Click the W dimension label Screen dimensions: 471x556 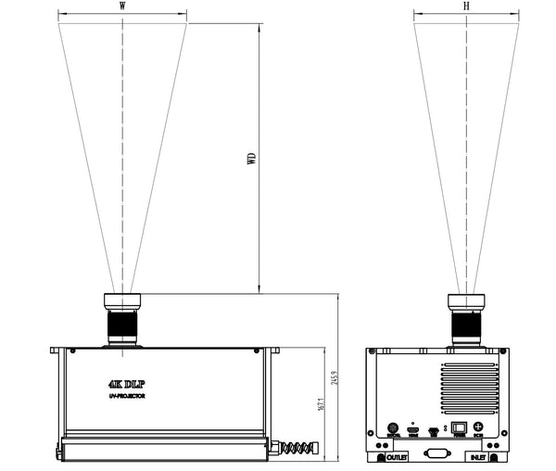(x=122, y=6)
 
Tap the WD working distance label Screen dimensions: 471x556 (x=250, y=157)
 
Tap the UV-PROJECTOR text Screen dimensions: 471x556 (x=127, y=397)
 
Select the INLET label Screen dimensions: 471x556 (x=476, y=457)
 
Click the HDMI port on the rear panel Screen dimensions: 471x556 (x=413, y=430)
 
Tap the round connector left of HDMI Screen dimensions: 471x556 (x=393, y=429)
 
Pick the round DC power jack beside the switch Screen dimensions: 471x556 (x=478, y=427)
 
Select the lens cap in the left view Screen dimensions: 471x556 (x=122, y=302)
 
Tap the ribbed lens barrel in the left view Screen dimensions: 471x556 (x=122, y=326)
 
